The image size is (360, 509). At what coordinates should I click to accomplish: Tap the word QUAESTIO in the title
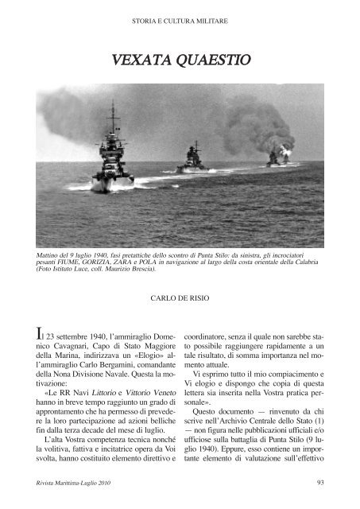tap(213, 59)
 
